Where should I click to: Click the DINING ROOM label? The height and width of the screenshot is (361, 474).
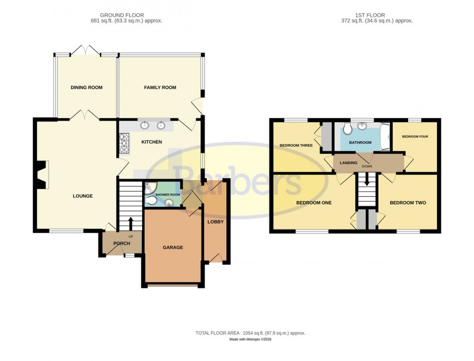click(86, 87)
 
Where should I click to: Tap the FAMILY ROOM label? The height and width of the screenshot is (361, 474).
click(160, 87)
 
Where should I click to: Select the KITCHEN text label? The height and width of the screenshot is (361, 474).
click(151, 142)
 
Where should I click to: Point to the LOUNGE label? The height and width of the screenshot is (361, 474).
click(83, 196)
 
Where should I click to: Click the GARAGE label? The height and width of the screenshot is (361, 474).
click(172, 248)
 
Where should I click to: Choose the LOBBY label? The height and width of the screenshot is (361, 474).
click(215, 222)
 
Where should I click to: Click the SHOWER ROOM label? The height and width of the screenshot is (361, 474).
click(168, 195)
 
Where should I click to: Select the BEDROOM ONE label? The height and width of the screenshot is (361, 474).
click(314, 203)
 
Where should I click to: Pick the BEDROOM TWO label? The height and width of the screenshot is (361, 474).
click(408, 203)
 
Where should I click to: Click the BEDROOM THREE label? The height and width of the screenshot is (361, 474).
click(296, 145)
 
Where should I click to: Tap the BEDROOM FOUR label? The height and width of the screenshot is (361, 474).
click(415, 137)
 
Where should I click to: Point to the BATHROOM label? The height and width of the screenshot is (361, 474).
click(360, 143)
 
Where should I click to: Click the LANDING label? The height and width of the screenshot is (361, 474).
click(349, 163)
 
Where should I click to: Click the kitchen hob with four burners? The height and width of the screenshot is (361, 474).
click(125, 144)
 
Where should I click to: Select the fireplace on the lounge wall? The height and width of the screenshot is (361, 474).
click(42, 174)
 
